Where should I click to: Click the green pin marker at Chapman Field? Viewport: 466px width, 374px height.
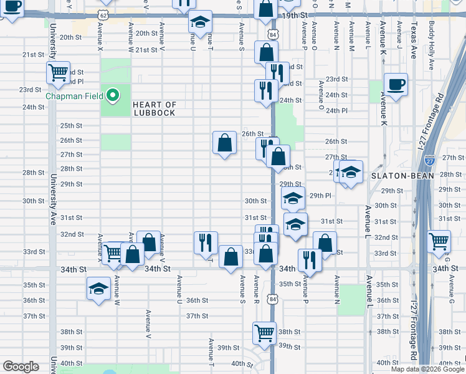click(113, 95)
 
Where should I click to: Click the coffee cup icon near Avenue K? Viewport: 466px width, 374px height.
click(396, 84)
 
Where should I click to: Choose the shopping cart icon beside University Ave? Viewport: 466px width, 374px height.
click(58, 72)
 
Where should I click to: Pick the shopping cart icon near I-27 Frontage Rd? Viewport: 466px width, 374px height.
click(440, 240)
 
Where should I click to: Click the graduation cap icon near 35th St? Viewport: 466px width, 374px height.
click(98, 289)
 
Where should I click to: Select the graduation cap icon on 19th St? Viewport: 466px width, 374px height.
click(200, 23)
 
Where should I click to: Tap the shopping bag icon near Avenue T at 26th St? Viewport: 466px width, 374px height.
click(224, 143)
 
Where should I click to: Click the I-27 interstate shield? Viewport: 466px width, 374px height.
click(430, 161)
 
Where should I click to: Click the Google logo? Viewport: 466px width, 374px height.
click(21, 367)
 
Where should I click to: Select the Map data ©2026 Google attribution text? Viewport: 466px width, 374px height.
click(426, 369)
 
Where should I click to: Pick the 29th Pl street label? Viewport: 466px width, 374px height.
click(320, 195)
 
